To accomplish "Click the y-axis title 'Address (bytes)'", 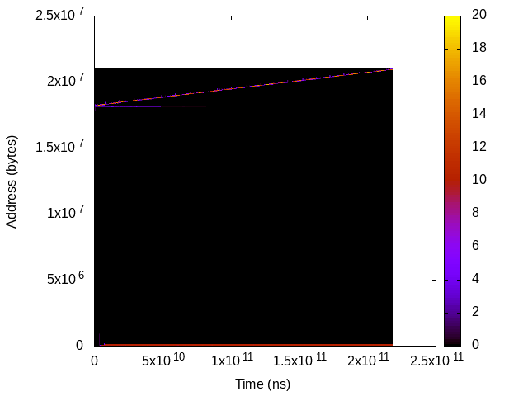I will pyautogui.click(x=12, y=179).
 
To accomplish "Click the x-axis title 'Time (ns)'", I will pyautogui.click(x=262, y=384).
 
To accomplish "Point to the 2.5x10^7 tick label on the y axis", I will pyautogui.click(x=62, y=15).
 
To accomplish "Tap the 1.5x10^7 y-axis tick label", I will pyautogui.click(x=62, y=147).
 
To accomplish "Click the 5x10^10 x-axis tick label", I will pyautogui.click(x=162, y=361).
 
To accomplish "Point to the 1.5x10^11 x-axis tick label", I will pyautogui.click(x=298, y=361).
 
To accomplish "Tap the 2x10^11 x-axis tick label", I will pyautogui.click(x=366, y=361).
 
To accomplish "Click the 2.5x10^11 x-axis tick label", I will pyautogui.click(x=434, y=361).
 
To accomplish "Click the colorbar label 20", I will pyautogui.click(x=478, y=15).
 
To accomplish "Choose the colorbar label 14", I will pyautogui.click(x=478, y=114).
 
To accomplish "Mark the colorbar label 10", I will pyautogui.click(x=478, y=180).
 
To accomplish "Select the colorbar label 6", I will pyautogui.click(x=475, y=246).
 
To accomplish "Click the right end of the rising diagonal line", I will pyautogui.click(x=392, y=69).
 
